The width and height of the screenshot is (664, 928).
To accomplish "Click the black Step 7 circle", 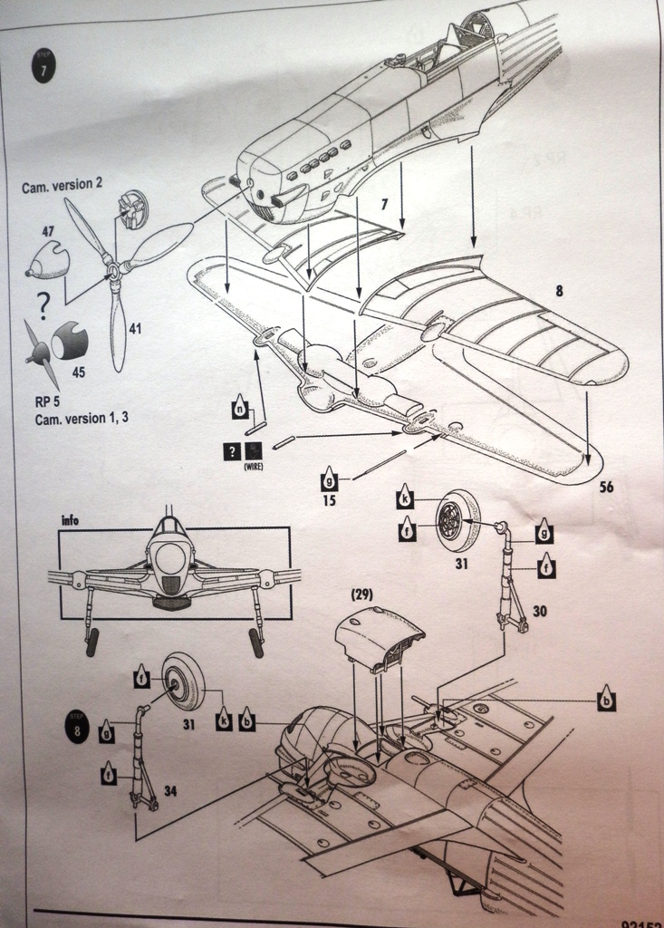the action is coord(43,70).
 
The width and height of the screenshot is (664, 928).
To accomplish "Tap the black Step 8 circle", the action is coord(76,728).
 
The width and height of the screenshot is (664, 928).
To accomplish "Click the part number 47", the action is coord(48,233).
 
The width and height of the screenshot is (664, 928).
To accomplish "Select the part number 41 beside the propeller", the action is coord(135,329).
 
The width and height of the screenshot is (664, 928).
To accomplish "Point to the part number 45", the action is coord(79,372).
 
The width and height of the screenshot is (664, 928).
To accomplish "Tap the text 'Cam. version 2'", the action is coord(63,185).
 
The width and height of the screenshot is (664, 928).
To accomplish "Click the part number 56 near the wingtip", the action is coord(606,487).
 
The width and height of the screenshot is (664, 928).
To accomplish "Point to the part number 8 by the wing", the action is coord(559,292).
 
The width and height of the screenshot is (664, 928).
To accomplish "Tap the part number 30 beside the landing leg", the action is coord(539,612).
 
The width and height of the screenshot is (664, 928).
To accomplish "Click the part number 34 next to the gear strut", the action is coord(169,791).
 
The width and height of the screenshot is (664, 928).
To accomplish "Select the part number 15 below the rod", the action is coord(329,499).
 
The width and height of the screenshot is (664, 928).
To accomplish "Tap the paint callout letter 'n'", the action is coord(239,409).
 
